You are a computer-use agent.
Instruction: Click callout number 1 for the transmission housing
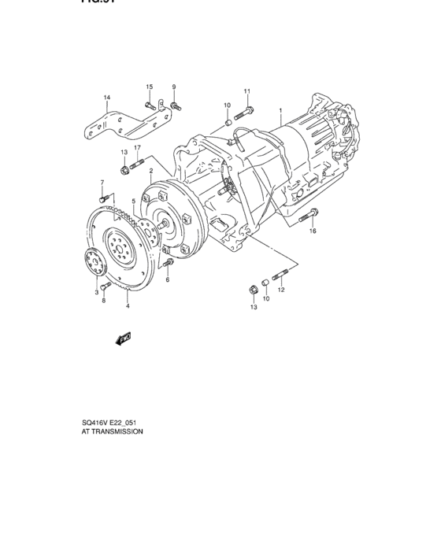279,110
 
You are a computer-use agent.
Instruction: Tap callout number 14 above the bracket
107,98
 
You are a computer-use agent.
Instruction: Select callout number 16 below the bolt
313,231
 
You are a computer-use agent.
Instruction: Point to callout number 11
246,91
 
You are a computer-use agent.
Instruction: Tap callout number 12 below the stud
281,290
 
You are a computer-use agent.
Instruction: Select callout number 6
168,279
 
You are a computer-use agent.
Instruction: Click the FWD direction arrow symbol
123,338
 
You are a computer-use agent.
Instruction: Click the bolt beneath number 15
149,103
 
